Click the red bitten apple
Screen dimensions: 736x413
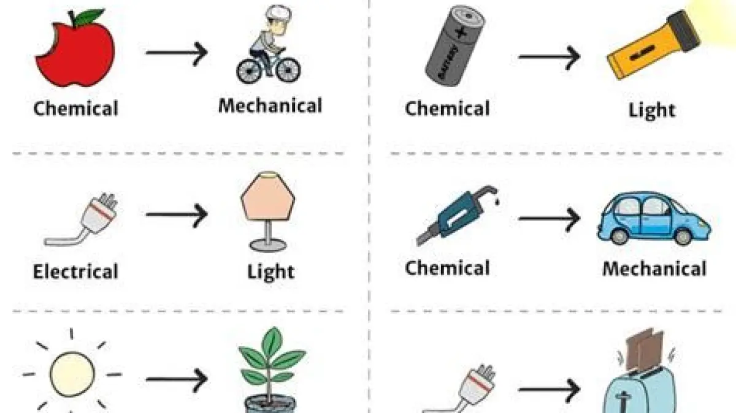[76, 53]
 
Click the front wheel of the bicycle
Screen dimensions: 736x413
[288, 70]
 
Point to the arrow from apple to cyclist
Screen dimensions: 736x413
[177, 53]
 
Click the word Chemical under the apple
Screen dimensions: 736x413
[75, 108]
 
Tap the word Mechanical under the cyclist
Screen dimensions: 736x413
[270, 106]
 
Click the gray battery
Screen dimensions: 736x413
[454, 46]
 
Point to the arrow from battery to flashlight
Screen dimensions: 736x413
[549, 57]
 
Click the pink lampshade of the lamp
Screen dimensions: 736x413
[268, 196]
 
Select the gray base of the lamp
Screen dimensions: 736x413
[268, 245]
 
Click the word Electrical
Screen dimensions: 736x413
[75, 271]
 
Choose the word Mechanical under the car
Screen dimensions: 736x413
[654, 269]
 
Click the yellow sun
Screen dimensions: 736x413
[72, 374]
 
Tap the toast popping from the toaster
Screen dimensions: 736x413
[645, 350]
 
